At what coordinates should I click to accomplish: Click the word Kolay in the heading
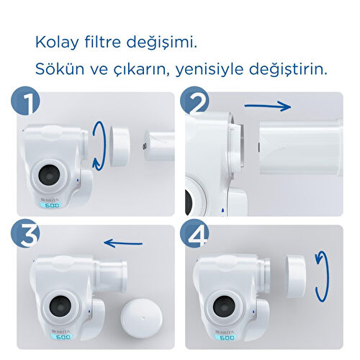pyautogui.click(x=56, y=42)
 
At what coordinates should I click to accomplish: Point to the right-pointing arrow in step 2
pyautogui.click(x=267, y=106)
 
